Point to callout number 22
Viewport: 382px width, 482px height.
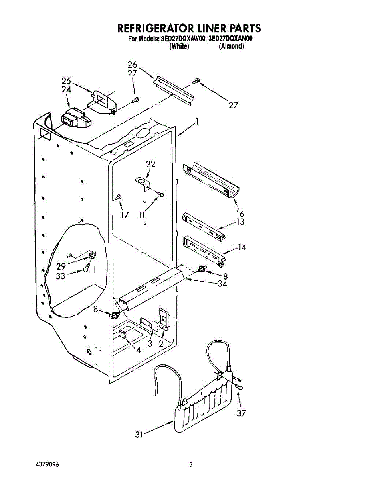click(150, 164)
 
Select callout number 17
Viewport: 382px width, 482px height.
click(125, 215)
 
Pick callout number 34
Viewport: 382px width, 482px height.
click(222, 284)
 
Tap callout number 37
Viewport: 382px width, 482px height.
click(241, 413)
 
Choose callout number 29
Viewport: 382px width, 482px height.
click(61, 266)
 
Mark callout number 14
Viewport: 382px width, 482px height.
click(241, 248)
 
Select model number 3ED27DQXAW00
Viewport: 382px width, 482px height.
click(183, 39)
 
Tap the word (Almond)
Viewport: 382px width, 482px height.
click(231, 47)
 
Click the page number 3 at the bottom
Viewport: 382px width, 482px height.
click(191, 465)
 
